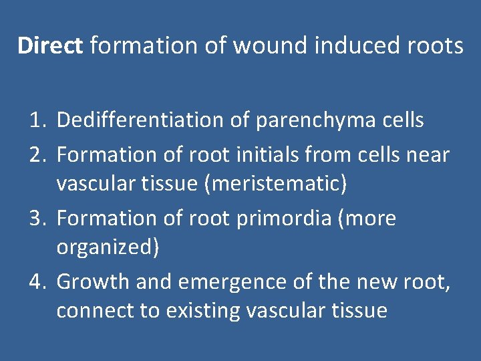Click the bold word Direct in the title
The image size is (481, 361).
(x=50, y=45)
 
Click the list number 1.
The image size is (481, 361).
(x=37, y=120)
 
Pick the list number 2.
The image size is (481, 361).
(x=37, y=155)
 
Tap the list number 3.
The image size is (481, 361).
(x=37, y=218)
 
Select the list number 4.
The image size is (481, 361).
(x=37, y=281)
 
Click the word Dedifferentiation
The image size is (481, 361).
(x=138, y=120)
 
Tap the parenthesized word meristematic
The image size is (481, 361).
(x=277, y=184)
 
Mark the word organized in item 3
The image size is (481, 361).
(x=107, y=248)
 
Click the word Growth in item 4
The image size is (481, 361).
(x=94, y=281)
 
